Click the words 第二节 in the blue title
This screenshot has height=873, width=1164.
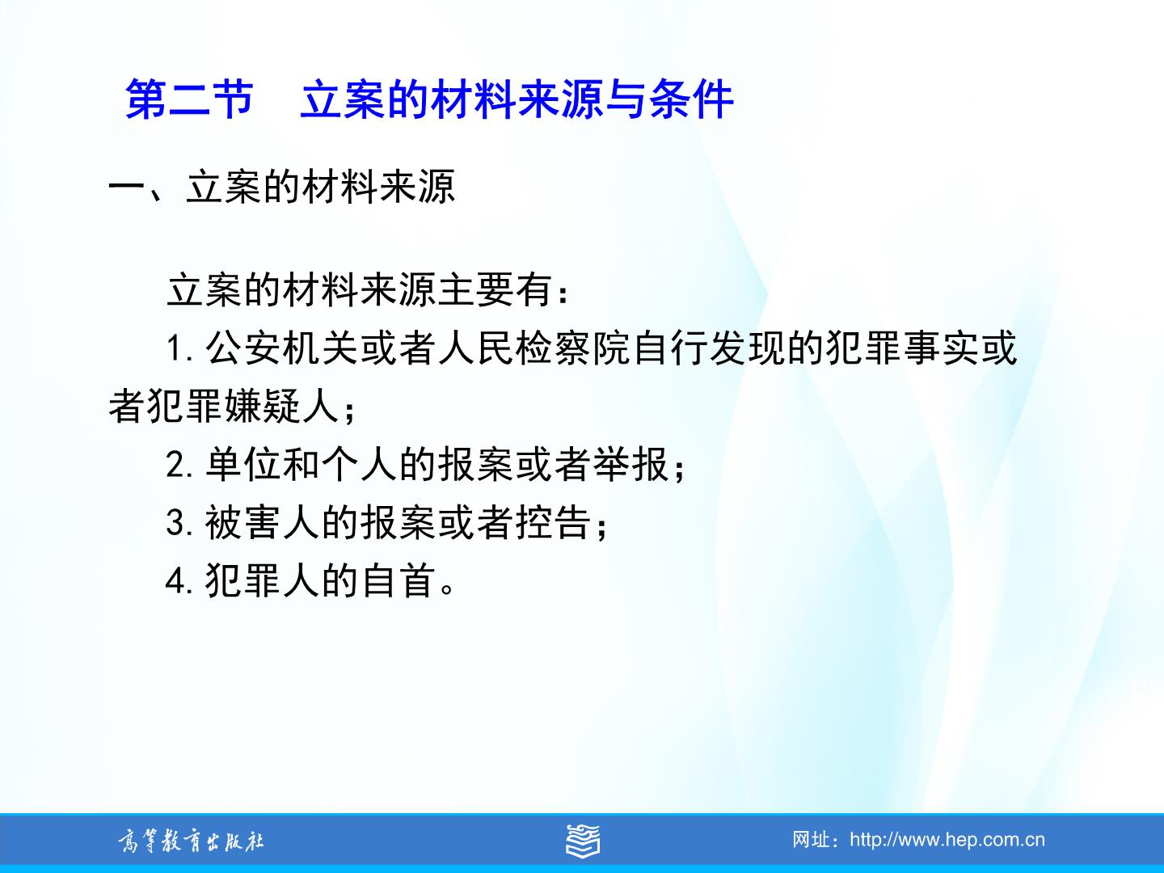pyautogui.click(x=189, y=99)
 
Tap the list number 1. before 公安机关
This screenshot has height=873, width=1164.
pyautogui.click(x=179, y=349)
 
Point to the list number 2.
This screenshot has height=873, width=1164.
pyautogui.click(x=179, y=465)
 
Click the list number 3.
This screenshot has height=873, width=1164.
pyautogui.click(x=179, y=523)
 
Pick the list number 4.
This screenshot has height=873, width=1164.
pyautogui.click(x=179, y=581)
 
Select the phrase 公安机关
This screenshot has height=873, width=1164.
pyautogui.click(x=283, y=348)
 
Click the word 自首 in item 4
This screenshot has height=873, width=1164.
pyautogui.click(x=399, y=580)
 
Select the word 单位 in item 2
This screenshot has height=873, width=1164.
pyautogui.click(x=244, y=464)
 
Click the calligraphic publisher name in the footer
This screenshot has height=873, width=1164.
pyautogui.click(x=191, y=841)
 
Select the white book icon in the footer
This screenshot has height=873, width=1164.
pyautogui.click(x=582, y=840)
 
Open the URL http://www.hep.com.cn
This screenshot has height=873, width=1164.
pyautogui.click(x=947, y=840)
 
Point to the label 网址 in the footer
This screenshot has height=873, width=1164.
pyautogui.click(x=812, y=840)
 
